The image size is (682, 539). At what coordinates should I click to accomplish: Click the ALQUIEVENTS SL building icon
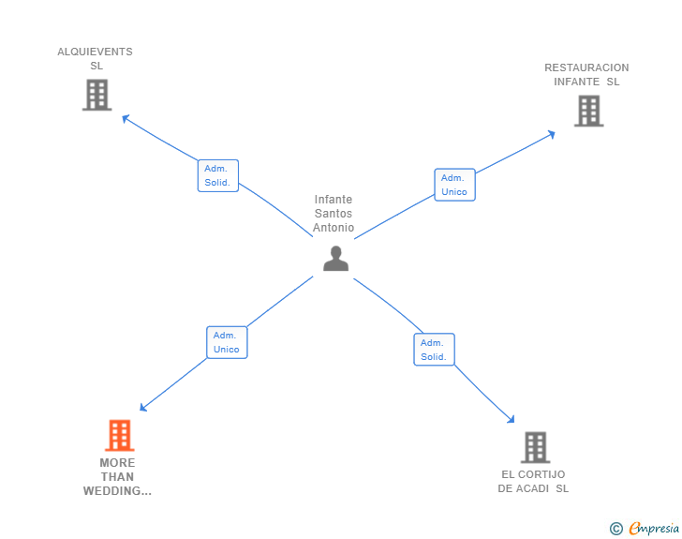pos(96,95)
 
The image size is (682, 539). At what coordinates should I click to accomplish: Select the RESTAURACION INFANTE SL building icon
pos(588,111)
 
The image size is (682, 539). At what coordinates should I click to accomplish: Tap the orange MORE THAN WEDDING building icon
pos(119,435)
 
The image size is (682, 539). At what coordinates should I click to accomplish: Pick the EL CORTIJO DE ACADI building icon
pos(535,447)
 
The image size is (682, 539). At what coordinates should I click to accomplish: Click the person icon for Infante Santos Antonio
pos(335,258)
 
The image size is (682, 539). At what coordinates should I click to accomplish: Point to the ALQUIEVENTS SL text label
pos(96,59)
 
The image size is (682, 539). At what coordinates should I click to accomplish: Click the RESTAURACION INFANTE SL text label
pos(586,74)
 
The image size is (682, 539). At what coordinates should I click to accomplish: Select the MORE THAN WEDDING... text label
pos(117,476)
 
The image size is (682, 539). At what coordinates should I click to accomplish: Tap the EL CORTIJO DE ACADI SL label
pos(533,481)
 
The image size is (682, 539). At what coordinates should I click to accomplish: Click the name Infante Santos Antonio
pos(334,214)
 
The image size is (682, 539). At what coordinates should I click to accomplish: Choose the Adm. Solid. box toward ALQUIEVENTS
pos(218,175)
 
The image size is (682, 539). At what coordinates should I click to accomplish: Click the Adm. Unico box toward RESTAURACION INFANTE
pos(454,185)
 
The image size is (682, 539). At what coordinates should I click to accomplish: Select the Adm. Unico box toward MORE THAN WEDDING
pos(227,342)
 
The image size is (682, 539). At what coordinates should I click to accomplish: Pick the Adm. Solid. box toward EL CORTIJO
pos(434,350)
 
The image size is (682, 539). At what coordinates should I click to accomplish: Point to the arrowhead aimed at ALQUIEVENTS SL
pos(126,117)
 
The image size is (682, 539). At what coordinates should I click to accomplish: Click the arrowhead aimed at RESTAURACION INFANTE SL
pos(552,133)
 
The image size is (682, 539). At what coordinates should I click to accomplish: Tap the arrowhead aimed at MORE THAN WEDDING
pos(143,408)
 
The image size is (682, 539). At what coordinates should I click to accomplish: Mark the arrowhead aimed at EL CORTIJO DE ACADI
pos(511,420)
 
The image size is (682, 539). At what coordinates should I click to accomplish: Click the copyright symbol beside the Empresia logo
pos(615,529)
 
